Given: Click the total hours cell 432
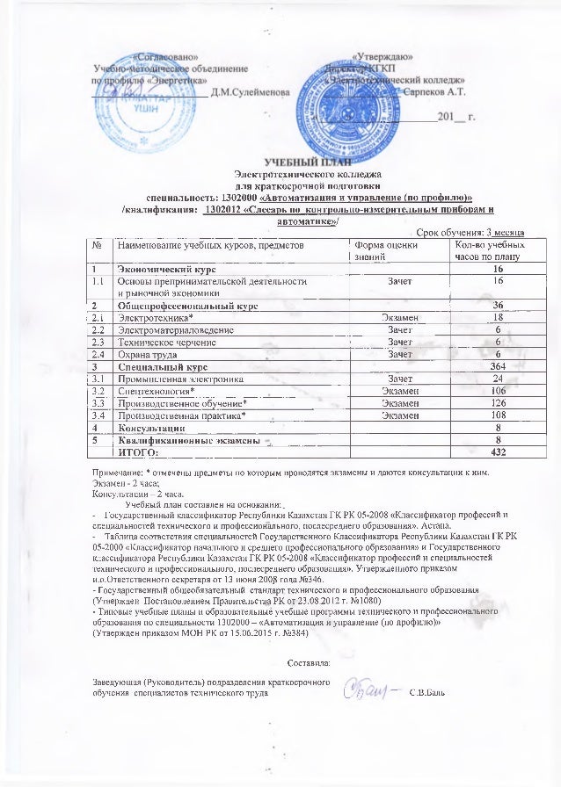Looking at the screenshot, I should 497,451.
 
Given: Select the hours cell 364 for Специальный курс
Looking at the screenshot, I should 498,365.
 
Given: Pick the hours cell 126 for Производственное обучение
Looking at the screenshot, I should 498,402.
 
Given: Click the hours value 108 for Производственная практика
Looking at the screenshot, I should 498,415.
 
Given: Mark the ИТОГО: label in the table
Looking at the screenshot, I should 137,451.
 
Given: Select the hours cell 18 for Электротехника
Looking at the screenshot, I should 498,316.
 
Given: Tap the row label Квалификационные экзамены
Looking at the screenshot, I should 187,439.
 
